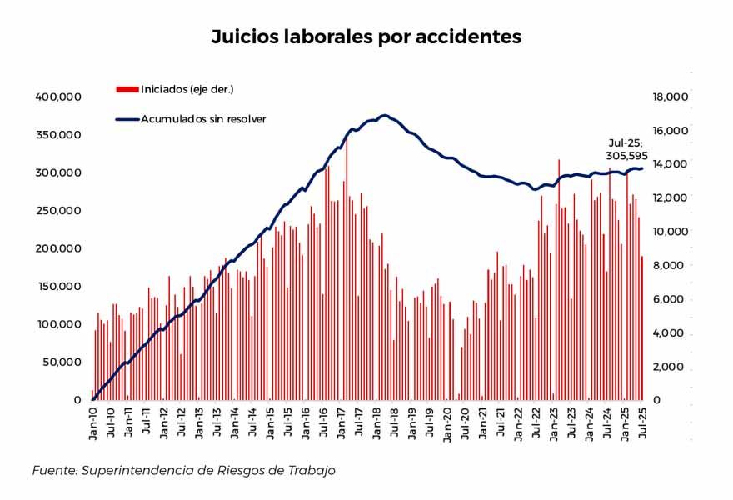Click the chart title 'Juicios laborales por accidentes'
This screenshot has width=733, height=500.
pos(366,37)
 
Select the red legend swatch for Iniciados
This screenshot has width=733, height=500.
pos(127,88)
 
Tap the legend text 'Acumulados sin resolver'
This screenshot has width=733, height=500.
pos(202,119)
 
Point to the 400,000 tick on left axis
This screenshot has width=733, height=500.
pos(57,97)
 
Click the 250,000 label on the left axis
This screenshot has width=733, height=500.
pos(57,210)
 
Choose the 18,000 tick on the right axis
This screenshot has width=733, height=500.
pos(670,97)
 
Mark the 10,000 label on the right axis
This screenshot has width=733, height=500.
pos(670,232)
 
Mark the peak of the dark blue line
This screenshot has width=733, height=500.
pos(384,115)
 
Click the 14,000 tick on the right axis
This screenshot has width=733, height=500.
pos(670,164)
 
